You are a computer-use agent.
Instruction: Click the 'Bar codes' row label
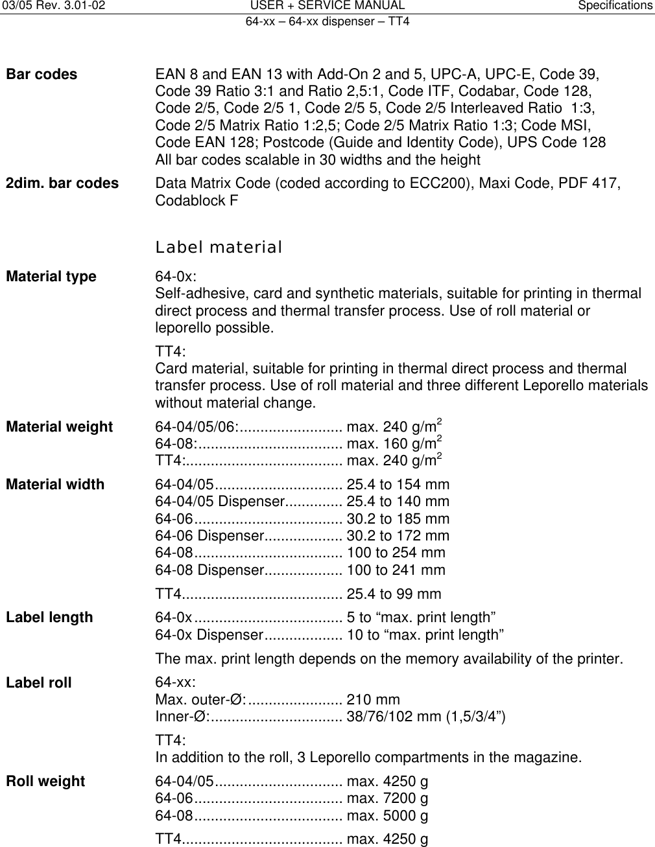click(42, 75)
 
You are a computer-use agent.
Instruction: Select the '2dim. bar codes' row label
click(62, 183)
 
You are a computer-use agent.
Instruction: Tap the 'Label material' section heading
click(219, 248)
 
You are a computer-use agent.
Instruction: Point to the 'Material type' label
click(51, 277)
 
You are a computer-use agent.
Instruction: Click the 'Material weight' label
click(60, 427)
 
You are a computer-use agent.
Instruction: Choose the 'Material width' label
click(55, 485)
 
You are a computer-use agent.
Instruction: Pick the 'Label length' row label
click(49, 618)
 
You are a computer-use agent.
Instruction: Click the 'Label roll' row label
click(39, 683)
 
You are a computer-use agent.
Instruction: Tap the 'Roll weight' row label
click(45, 782)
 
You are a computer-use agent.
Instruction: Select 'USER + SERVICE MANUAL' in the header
click(327, 6)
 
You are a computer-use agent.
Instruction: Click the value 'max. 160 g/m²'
click(394, 444)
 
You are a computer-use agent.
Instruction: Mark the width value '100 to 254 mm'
click(396, 553)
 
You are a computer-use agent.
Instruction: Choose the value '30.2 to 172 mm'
click(398, 536)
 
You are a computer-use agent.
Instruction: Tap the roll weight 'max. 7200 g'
click(387, 798)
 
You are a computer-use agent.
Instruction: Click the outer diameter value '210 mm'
click(374, 700)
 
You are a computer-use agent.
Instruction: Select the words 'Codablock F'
click(196, 201)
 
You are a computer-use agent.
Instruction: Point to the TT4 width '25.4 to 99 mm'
click(394, 594)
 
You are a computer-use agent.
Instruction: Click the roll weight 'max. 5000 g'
click(387, 816)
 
